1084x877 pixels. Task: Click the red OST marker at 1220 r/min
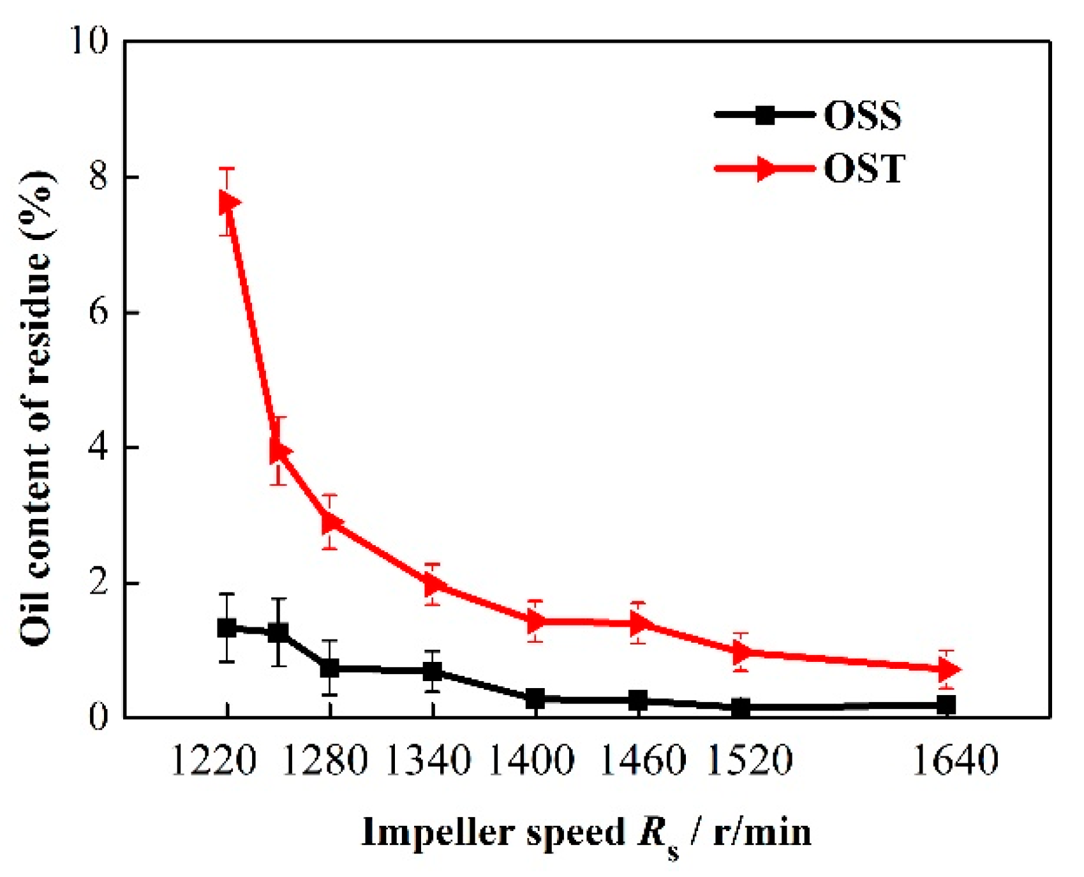[228, 202]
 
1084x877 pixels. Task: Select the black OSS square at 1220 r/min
[227, 627]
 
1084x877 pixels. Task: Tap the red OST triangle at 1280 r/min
[332, 522]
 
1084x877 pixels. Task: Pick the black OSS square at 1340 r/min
[433, 671]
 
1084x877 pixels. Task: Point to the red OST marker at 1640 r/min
[949, 669]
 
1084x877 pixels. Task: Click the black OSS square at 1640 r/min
[947, 705]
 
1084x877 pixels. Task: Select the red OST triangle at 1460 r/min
[640, 622]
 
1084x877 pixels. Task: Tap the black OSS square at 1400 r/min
[536, 698]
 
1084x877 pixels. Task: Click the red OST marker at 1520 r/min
[742, 652]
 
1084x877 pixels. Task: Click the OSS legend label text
[863, 116]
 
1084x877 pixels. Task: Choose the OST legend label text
[864, 169]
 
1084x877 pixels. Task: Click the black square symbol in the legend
[765, 116]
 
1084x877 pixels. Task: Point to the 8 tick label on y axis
[99, 177]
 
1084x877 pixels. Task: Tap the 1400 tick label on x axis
[531, 760]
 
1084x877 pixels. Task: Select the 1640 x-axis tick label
[955, 760]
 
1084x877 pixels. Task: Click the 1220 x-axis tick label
[214, 760]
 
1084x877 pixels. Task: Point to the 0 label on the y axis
[98, 717]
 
